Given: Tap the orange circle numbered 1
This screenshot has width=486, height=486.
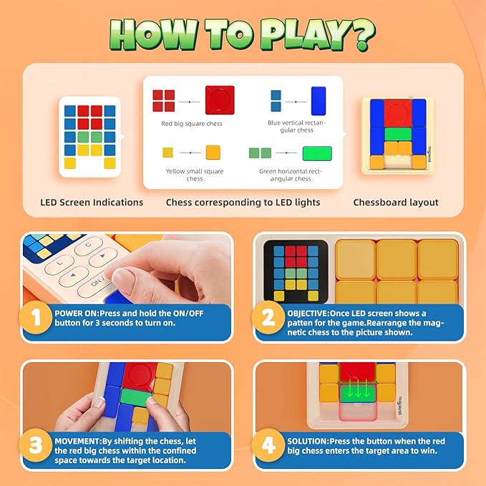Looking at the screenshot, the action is tap(36, 317).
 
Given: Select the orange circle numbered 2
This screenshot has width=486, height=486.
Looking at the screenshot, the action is tap(268, 317).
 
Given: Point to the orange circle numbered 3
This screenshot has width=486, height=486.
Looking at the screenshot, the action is tap(36, 445).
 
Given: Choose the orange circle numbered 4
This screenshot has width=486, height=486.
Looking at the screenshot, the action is tap(268, 445).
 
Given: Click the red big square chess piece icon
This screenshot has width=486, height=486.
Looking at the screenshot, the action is tap(220, 100).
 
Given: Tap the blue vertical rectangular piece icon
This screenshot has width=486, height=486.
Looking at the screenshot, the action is tap(319, 101).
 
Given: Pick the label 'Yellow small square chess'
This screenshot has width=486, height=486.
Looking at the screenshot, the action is tap(195, 175).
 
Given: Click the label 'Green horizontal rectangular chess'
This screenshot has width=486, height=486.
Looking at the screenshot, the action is tap(291, 175).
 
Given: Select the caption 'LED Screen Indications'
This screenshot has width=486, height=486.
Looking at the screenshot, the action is tap(92, 203).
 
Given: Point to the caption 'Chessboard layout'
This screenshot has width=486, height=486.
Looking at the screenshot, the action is tap(396, 203).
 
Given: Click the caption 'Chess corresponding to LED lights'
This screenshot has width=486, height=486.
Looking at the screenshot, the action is tap(243, 203).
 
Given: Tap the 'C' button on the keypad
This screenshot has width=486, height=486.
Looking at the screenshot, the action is tap(89, 246).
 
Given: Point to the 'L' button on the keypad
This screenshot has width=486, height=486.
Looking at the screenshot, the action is tap(59, 264).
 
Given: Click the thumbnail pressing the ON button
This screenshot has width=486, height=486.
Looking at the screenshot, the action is tap(127, 269).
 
